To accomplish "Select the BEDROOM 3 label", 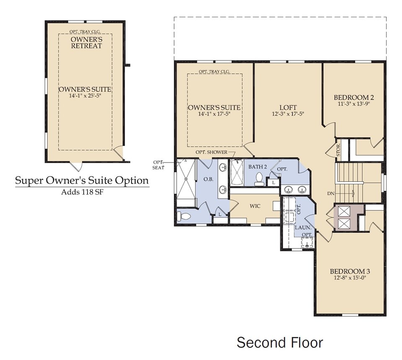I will tap(350, 271).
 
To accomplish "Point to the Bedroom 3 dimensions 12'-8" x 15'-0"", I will tap(350, 277).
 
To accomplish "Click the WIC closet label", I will tap(255, 206).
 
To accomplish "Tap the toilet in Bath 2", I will tap(260, 179).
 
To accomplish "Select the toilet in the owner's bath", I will tap(183, 216).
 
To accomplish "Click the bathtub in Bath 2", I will tap(237, 173).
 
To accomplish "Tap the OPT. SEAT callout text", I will tap(158, 165).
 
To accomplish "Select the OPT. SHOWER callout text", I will tap(211, 152).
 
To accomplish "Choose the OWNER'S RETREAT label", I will tap(86, 42).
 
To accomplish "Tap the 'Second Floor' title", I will tap(280, 342).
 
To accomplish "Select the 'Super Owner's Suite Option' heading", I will tap(82, 181).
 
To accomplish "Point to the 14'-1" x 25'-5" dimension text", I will tap(85, 96).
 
